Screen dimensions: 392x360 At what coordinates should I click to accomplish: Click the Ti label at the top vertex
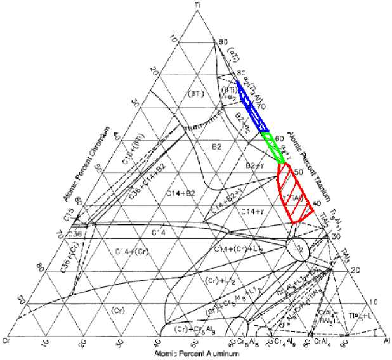coord(198,5)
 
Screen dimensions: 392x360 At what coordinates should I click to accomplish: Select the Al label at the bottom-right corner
coord(386,340)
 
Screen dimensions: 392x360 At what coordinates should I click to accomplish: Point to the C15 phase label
coord(69,219)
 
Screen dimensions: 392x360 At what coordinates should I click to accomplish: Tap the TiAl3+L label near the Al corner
coord(363,315)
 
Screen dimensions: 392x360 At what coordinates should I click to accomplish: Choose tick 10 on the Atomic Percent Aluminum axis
coord(44,343)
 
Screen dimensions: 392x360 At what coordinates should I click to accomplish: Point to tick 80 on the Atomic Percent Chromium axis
coord(41,267)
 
